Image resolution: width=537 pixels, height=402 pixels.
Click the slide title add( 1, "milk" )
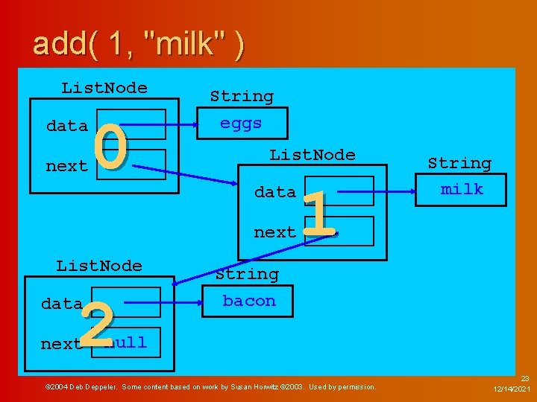pos(138,44)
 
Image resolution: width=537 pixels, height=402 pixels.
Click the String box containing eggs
pos(241,124)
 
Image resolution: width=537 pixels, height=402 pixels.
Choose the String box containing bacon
pos(248,301)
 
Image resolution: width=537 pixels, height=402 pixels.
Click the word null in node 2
pos(127,343)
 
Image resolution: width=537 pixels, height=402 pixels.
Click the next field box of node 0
pos(142,164)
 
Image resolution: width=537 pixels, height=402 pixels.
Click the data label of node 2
pos(62,304)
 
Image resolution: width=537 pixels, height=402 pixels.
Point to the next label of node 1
pos(274,232)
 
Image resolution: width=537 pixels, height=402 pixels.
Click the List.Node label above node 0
pos(104,88)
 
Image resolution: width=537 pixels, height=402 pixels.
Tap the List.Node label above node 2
pos(99,266)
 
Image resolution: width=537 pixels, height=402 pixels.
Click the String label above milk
pos(459,163)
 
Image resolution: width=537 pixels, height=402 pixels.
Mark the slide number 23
pos(524,378)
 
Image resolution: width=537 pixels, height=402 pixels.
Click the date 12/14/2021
pos(512,389)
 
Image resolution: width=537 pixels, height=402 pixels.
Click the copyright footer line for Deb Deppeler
pos(211,387)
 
